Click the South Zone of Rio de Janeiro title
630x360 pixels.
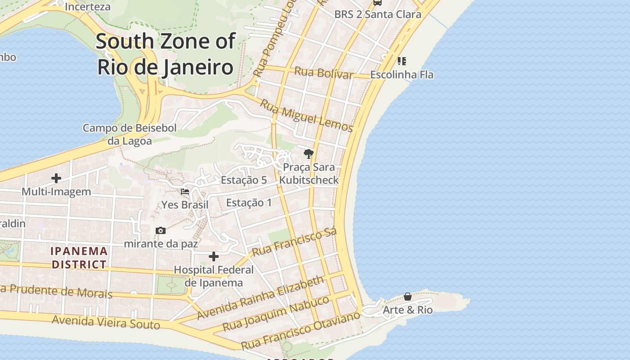point(165,54)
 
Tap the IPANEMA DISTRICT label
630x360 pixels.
point(79,258)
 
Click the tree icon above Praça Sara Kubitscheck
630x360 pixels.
point(308,154)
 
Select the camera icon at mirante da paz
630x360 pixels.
point(161,231)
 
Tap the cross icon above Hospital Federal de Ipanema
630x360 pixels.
point(214,256)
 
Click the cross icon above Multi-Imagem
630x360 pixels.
point(56,178)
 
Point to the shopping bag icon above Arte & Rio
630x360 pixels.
point(408,297)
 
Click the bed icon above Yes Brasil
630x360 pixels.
point(184,192)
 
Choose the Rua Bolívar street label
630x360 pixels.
point(324,73)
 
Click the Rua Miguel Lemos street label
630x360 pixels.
point(306,115)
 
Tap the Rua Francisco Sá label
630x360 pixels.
point(295,242)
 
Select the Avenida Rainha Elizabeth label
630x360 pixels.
point(260,297)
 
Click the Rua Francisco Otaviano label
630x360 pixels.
point(301,330)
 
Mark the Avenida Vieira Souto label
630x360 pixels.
point(106,322)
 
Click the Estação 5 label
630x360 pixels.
point(243,180)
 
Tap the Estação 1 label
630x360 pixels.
point(249,202)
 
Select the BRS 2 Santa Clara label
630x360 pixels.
point(378,14)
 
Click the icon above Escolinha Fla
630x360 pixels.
point(401,61)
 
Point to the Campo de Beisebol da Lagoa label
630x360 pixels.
point(130,134)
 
